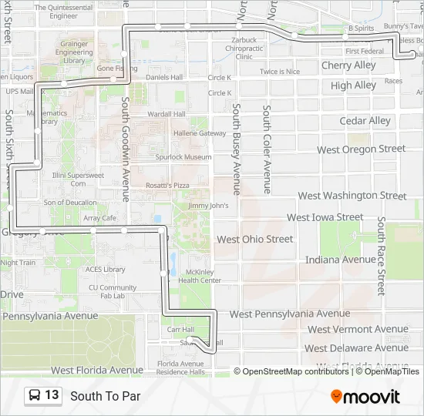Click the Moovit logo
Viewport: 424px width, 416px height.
click(x=365, y=397)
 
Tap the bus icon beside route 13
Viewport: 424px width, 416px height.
click(x=35, y=396)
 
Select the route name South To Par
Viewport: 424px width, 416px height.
click(x=106, y=397)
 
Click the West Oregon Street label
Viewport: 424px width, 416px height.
click(x=361, y=149)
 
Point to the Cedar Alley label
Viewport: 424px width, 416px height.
click(x=365, y=121)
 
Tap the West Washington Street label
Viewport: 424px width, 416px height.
click(x=352, y=196)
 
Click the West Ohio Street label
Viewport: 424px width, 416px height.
click(x=254, y=239)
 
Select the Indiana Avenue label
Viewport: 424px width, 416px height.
click(x=340, y=260)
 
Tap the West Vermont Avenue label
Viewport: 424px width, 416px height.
click(x=357, y=330)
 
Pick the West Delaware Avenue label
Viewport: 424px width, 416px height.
click(x=356, y=348)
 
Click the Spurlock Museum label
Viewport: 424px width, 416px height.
click(x=183, y=157)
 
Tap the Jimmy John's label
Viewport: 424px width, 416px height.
click(x=208, y=206)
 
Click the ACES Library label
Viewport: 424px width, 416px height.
click(x=105, y=270)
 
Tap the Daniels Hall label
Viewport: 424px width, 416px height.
click(x=163, y=77)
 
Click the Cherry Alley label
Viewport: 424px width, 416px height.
click(x=348, y=65)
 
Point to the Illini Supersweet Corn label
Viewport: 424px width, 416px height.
click(x=78, y=179)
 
